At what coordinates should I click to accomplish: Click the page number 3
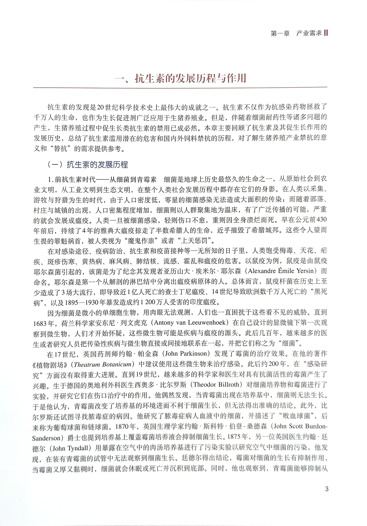[327, 488]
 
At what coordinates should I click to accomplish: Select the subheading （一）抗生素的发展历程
[88, 165]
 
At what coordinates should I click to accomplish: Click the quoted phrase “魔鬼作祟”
[141, 241]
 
